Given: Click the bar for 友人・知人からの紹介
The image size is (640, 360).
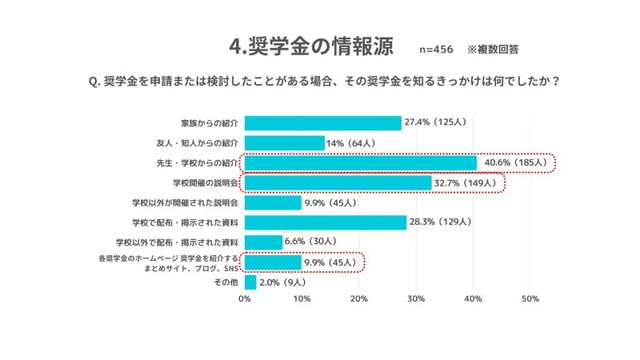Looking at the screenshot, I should (x=284, y=143).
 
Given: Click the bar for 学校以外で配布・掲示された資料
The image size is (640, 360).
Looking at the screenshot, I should (x=263, y=242).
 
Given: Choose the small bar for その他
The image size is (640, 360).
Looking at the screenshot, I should (x=250, y=282).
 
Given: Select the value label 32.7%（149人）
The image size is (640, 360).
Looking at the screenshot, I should (x=469, y=183).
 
